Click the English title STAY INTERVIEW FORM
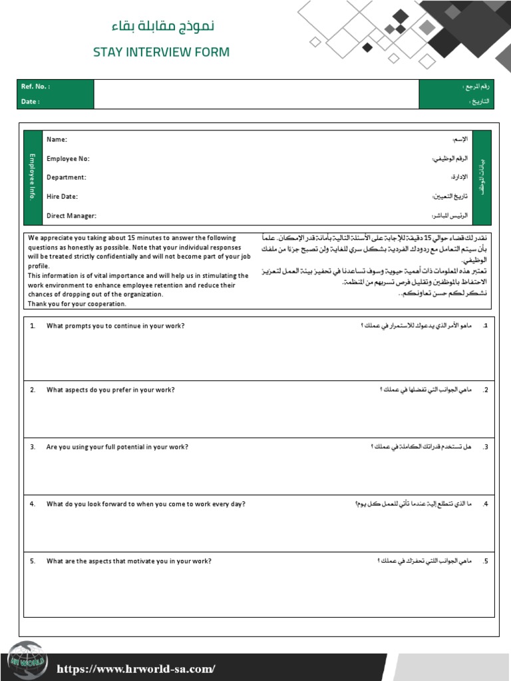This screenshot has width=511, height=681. point(161,52)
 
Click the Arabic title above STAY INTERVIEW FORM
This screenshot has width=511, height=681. point(162,27)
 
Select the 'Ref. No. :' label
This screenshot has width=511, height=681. point(35,87)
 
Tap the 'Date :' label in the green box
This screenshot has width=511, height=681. point(31,102)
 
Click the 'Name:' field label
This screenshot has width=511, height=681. point(57,140)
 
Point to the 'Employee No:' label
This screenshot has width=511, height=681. point(68,159)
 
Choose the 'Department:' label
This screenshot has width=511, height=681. point(66,178)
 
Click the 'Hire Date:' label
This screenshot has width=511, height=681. point(62,197)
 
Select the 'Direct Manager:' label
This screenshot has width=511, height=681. point(71,216)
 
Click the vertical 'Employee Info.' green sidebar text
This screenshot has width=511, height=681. point(31,177)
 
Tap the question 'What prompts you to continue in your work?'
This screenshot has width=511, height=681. point(115,326)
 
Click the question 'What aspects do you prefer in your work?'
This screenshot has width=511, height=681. point(110,390)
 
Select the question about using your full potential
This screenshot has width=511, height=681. point(117,447)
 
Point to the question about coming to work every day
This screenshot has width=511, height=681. point(146,504)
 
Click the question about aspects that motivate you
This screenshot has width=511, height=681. point(128,561)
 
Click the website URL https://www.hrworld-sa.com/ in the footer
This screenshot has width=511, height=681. point(136,669)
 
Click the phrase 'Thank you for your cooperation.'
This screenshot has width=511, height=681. point(77,304)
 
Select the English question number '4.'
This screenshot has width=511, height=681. point(33,504)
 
